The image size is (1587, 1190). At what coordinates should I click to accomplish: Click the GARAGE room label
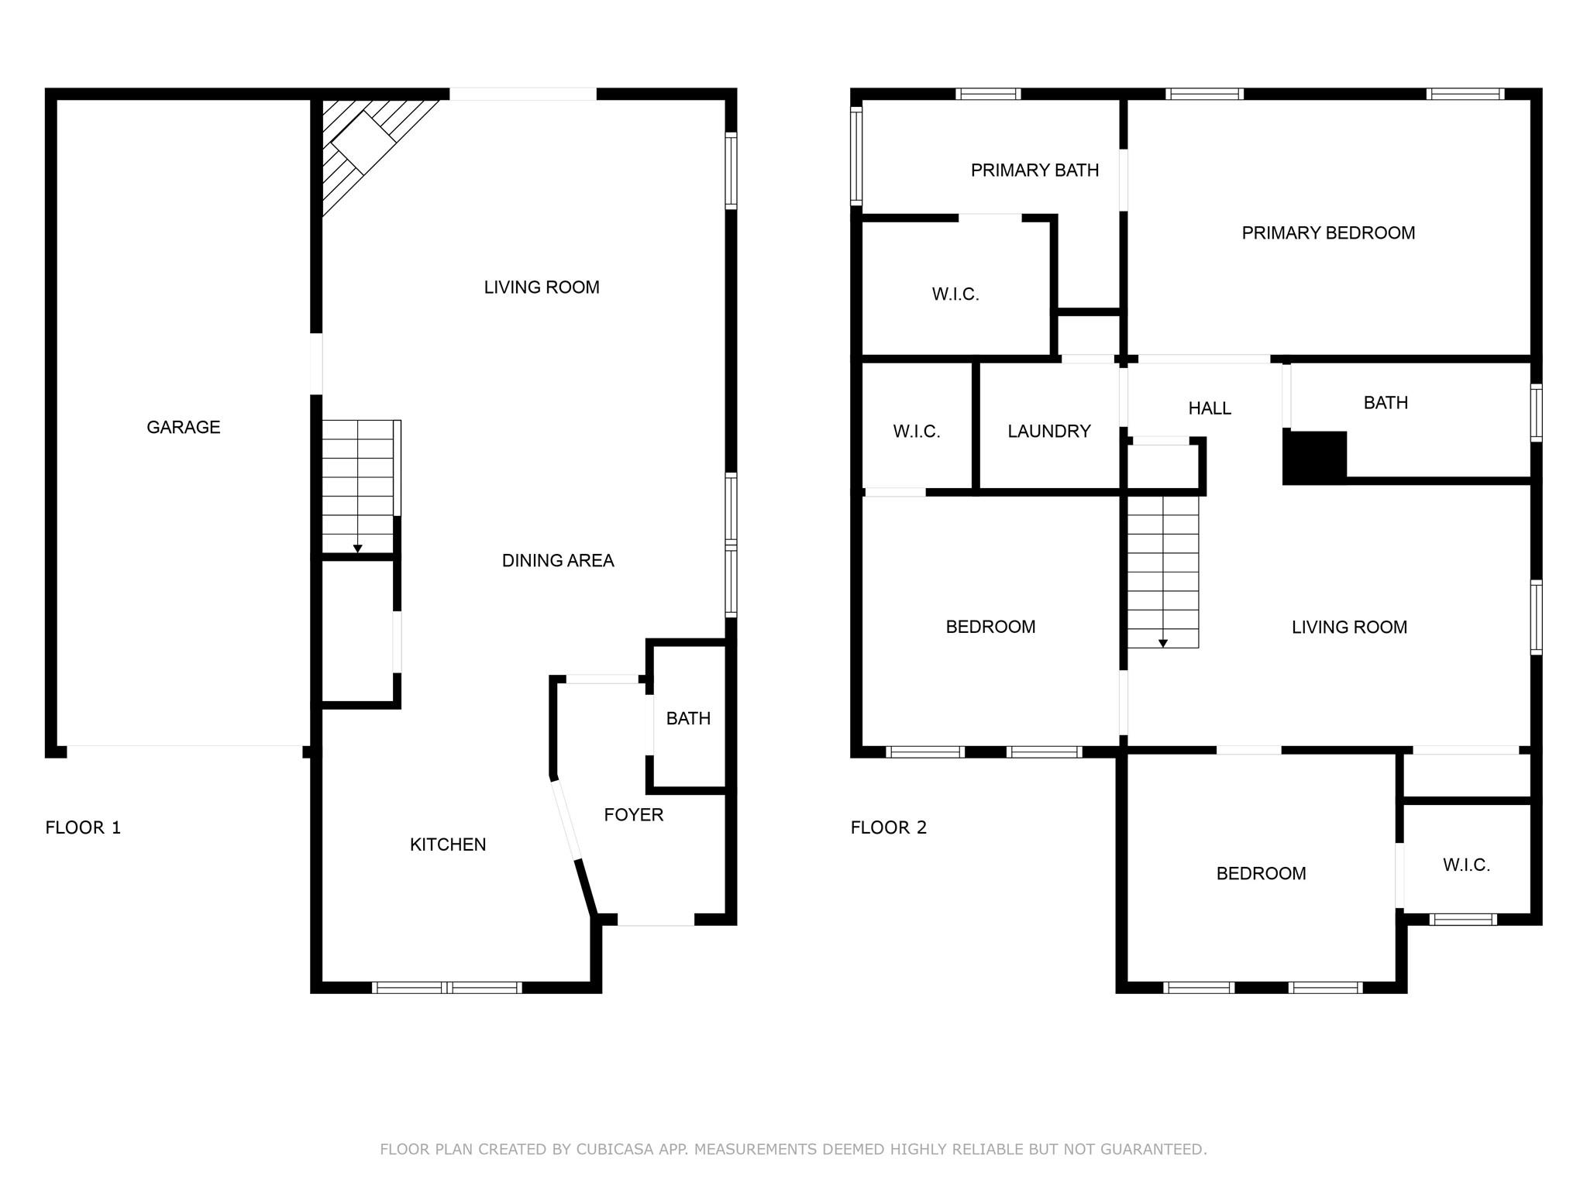[184, 427]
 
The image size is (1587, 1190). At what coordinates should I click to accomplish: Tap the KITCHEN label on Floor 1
[448, 844]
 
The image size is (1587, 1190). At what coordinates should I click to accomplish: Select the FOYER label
[633, 814]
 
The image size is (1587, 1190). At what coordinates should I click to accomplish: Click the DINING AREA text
[558, 560]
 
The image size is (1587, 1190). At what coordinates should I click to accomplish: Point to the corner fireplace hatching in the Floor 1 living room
[364, 147]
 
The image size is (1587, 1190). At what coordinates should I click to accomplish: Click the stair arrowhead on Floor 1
[357, 549]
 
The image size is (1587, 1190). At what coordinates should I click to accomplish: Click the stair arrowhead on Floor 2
[1162, 644]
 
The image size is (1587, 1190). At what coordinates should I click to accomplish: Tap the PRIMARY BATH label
[1034, 170]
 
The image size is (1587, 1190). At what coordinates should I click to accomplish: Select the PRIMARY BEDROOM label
[1328, 233]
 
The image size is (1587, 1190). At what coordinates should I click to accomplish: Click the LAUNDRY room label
[1049, 432]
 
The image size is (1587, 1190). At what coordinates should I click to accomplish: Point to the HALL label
[1210, 408]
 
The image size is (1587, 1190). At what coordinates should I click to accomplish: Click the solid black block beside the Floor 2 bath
[1314, 457]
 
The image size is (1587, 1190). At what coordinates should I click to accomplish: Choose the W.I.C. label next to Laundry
[917, 432]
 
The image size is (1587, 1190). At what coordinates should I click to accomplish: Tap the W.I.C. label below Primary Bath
[955, 294]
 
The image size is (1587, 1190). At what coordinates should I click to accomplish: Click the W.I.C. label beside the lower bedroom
[1466, 865]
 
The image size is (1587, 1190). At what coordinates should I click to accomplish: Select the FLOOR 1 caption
[83, 827]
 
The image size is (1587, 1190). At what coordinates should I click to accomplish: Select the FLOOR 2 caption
[888, 827]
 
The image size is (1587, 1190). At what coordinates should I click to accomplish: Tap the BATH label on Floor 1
[688, 718]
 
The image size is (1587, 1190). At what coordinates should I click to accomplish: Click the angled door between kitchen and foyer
[566, 821]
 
